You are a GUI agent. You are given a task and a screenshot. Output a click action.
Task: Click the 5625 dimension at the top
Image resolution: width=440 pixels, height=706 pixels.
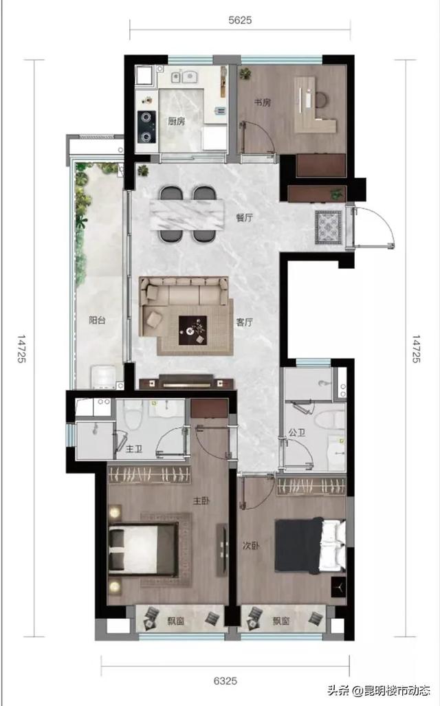(239, 20)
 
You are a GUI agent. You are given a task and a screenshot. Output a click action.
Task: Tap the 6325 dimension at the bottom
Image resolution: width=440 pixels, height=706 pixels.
(225, 681)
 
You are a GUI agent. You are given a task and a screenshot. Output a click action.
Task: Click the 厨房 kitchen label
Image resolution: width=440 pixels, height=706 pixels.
(176, 121)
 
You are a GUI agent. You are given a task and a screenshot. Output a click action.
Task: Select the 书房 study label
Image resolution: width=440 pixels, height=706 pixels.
(262, 102)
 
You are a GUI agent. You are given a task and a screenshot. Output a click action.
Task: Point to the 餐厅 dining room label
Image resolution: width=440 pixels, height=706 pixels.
(245, 218)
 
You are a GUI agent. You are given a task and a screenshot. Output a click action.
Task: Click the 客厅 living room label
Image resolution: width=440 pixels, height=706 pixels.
(244, 322)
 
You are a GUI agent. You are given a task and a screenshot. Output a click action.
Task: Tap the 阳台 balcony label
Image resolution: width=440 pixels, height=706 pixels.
(97, 320)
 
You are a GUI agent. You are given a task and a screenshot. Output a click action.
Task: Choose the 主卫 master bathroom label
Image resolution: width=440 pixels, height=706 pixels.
(134, 449)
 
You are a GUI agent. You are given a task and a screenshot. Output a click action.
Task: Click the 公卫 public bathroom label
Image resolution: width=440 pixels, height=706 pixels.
(297, 432)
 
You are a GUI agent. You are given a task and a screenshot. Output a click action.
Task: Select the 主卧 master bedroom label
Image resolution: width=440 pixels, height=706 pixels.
(201, 500)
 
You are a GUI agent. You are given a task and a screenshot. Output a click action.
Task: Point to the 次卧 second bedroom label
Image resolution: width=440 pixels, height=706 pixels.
(251, 546)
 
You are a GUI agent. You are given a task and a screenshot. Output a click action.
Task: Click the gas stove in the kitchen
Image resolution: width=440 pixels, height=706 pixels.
(146, 127)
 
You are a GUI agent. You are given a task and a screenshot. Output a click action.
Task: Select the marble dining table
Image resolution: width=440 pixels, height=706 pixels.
(187, 215)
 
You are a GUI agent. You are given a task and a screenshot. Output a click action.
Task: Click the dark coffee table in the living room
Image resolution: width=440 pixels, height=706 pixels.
(192, 331)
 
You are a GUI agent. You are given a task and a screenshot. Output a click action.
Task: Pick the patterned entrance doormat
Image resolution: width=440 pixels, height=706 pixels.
(329, 228)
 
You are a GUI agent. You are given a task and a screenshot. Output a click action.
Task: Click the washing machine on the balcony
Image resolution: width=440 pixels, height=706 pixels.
(104, 377)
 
